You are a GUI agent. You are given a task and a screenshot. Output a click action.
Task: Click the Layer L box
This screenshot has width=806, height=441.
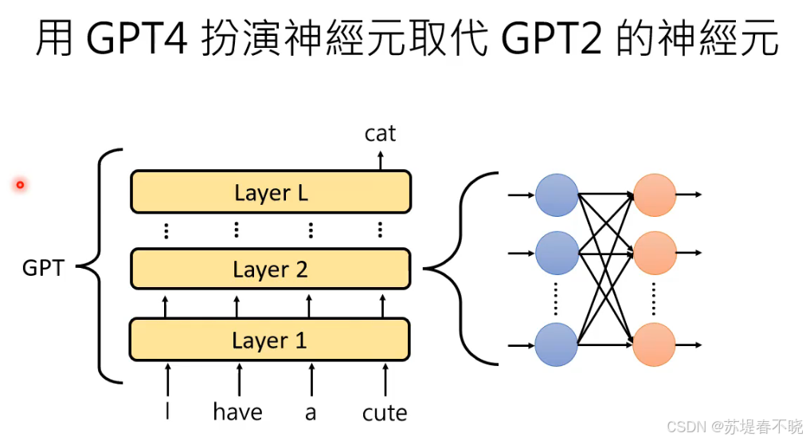point(271,192)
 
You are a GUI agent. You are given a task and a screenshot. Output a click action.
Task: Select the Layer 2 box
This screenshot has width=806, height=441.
point(270,269)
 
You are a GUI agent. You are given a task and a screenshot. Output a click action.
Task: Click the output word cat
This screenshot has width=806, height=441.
point(380,133)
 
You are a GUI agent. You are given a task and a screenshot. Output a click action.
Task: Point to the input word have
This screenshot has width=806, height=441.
point(237,411)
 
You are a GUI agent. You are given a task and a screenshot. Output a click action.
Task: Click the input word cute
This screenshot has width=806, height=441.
point(385,412)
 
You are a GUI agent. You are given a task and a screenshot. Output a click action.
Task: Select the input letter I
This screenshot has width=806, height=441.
point(167,411)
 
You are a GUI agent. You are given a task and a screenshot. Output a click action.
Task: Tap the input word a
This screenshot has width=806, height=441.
point(311,413)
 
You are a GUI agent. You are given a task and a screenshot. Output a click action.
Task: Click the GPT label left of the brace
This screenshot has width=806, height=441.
point(43,268)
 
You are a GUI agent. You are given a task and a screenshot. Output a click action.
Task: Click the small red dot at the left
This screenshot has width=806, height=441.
point(20,185)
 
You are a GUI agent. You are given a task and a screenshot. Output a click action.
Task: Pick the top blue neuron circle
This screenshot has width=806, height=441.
point(556,195)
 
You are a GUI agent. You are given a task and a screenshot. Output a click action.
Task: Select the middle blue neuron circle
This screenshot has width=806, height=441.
point(556,253)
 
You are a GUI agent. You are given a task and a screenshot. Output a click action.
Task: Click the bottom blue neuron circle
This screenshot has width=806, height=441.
point(556,345)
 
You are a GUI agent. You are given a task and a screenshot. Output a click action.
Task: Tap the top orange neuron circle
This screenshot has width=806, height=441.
point(655,195)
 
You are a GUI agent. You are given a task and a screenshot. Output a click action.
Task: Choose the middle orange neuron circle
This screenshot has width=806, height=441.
point(655,253)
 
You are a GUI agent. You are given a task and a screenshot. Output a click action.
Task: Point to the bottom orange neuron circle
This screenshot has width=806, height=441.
point(655,345)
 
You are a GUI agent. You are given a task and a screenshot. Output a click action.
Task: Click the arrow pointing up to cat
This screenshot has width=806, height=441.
point(380,159)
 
